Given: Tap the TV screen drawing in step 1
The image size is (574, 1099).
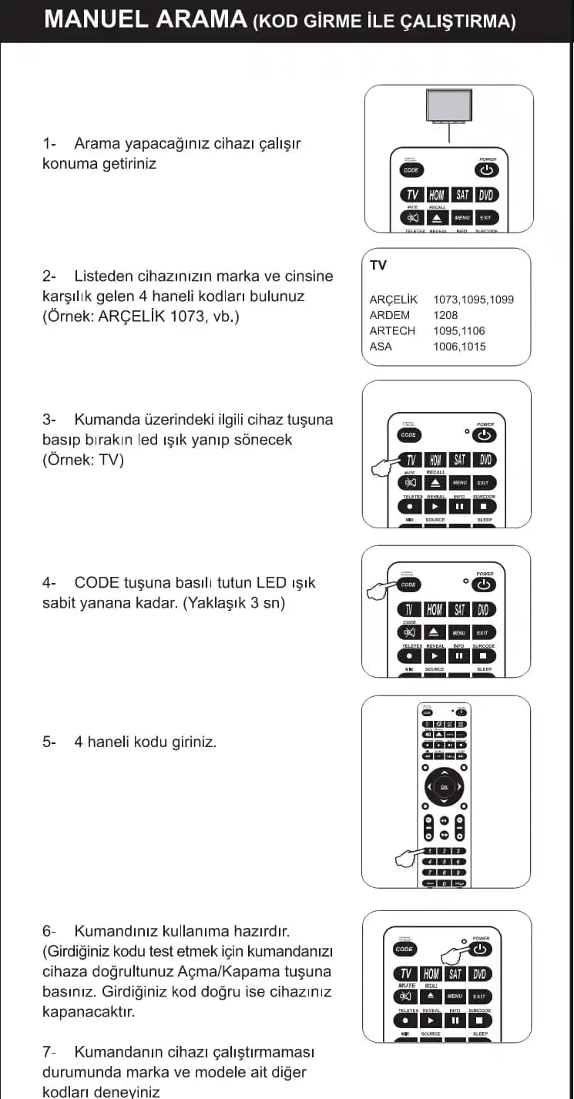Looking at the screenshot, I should [x=448, y=105].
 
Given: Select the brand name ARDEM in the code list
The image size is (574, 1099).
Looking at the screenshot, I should [x=390, y=315].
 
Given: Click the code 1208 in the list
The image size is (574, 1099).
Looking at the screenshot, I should [x=445, y=315].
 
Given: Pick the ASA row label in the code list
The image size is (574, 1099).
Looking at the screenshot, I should [x=381, y=347].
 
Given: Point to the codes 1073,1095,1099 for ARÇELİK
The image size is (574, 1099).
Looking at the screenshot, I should [x=473, y=300].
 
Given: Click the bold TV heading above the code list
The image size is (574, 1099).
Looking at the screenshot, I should [x=378, y=266].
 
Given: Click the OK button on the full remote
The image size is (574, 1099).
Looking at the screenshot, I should [x=445, y=786].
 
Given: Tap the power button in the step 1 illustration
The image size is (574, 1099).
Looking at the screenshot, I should [x=486, y=170].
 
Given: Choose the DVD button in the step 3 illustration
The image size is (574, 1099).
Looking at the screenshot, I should [x=483, y=460].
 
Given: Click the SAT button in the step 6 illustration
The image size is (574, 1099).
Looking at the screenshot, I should [x=455, y=974].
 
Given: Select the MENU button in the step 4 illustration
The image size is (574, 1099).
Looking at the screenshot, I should [x=459, y=632].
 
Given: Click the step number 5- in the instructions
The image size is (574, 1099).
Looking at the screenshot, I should [x=50, y=742].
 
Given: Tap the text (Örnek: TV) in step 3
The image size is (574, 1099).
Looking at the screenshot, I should [x=83, y=460].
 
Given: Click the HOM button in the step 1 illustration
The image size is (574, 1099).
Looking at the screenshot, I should [x=437, y=195].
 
